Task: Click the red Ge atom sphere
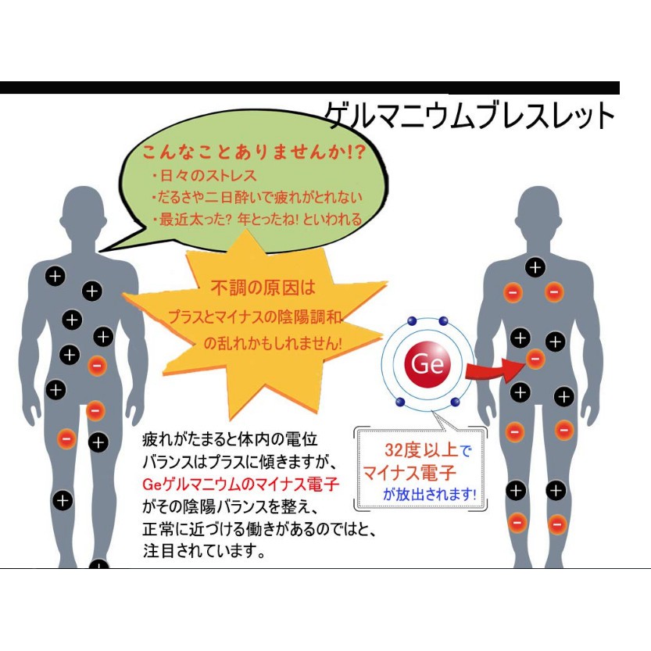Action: click(x=427, y=363)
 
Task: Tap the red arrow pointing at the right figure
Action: click(x=493, y=369)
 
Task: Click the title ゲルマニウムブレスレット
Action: click(x=469, y=115)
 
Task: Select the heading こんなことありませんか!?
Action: click(x=254, y=152)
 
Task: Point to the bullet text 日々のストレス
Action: click(x=204, y=176)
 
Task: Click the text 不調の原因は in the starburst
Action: click(x=263, y=288)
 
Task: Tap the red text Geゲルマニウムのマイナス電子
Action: click(x=241, y=484)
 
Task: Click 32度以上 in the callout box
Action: click(x=421, y=450)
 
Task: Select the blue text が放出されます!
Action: click(x=430, y=494)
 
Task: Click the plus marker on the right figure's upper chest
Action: click(x=535, y=267)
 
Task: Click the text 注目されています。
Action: click(x=204, y=551)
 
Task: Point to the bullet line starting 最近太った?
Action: click(x=257, y=219)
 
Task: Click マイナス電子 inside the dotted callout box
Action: click(x=410, y=473)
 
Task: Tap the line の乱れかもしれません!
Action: click(x=273, y=343)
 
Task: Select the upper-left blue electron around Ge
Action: click(x=412, y=321)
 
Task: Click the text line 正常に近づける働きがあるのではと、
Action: click(x=259, y=529)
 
